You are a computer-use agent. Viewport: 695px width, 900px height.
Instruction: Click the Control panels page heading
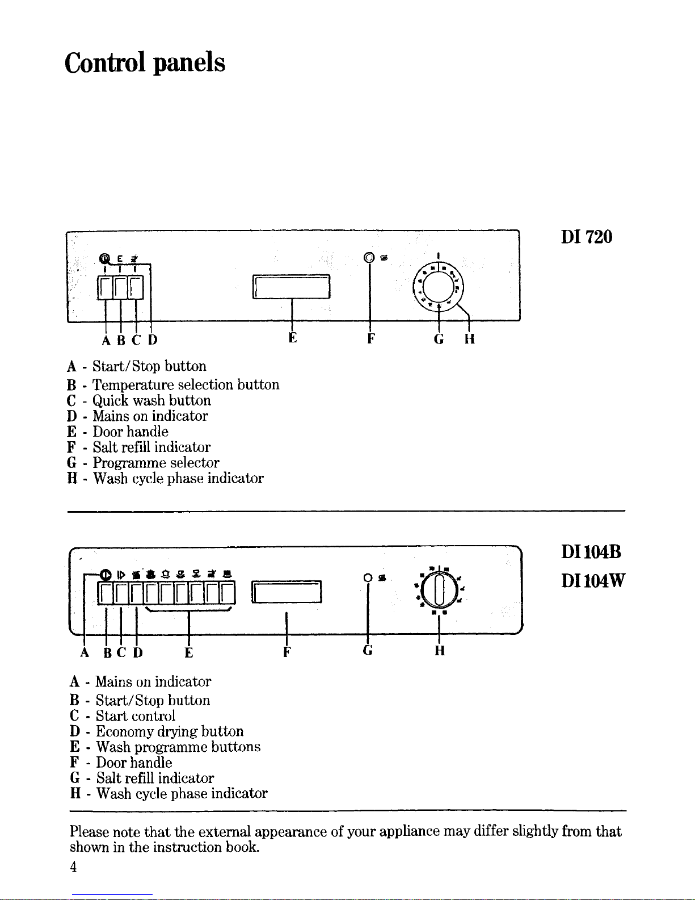(145, 63)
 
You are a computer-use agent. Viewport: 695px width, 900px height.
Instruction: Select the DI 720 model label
(586, 237)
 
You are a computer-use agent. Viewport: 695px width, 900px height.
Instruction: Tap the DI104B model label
(591, 552)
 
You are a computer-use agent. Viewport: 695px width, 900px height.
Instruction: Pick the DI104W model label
(593, 581)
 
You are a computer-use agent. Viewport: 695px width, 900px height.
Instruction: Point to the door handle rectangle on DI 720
(291, 286)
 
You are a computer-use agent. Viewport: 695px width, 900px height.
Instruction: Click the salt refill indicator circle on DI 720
(369, 258)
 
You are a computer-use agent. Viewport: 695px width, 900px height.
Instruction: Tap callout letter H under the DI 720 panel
(469, 339)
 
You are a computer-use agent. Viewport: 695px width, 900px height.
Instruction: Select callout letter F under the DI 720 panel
(371, 339)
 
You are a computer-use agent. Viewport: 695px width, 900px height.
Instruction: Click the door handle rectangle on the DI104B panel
(287, 592)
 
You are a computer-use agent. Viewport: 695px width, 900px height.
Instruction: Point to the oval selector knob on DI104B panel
(439, 589)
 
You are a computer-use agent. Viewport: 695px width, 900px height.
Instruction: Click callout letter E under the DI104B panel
(188, 653)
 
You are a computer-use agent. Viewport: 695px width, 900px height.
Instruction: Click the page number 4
(73, 866)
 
